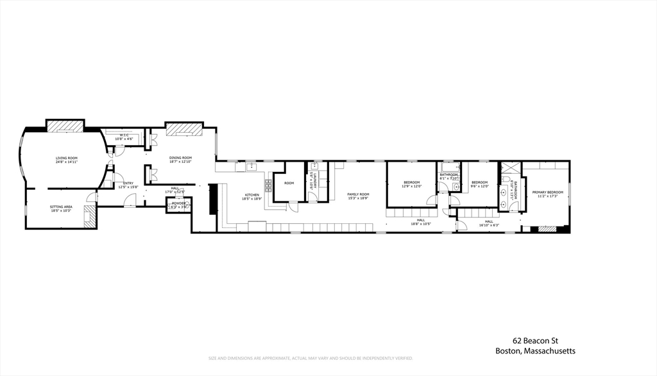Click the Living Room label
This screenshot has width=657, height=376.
pyautogui.click(x=66, y=158)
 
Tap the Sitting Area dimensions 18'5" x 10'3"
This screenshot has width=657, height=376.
pyautogui.click(x=62, y=210)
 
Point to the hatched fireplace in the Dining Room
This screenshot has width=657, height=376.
pyautogui.click(x=185, y=130)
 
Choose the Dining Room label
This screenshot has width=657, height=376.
pyautogui.click(x=180, y=158)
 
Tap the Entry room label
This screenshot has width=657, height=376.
pyautogui.click(x=128, y=184)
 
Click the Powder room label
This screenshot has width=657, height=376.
pyautogui.click(x=178, y=203)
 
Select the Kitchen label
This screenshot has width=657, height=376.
pyautogui.click(x=252, y=195)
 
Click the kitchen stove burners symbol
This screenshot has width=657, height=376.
pyautogui.click(x=268, y=186)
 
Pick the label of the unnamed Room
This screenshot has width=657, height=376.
pyautogui.click(x=289, y=184)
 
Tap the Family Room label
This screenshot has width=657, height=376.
pyautogui.click(x=359, y=194)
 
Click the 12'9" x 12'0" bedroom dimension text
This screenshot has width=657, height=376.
pyautogui.click(x=411, y=187)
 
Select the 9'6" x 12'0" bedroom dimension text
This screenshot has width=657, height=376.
pyautogui.click(x=480, y=187)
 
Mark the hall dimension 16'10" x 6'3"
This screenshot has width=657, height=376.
pyautogui.click(x=489, y=225)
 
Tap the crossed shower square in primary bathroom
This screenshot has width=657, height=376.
pyautogui.click(x=511, y=169)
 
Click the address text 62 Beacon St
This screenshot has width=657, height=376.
pyautogui.click(x=534, y=341)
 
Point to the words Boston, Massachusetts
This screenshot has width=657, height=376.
pyautogui.click(x=535, y=351)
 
